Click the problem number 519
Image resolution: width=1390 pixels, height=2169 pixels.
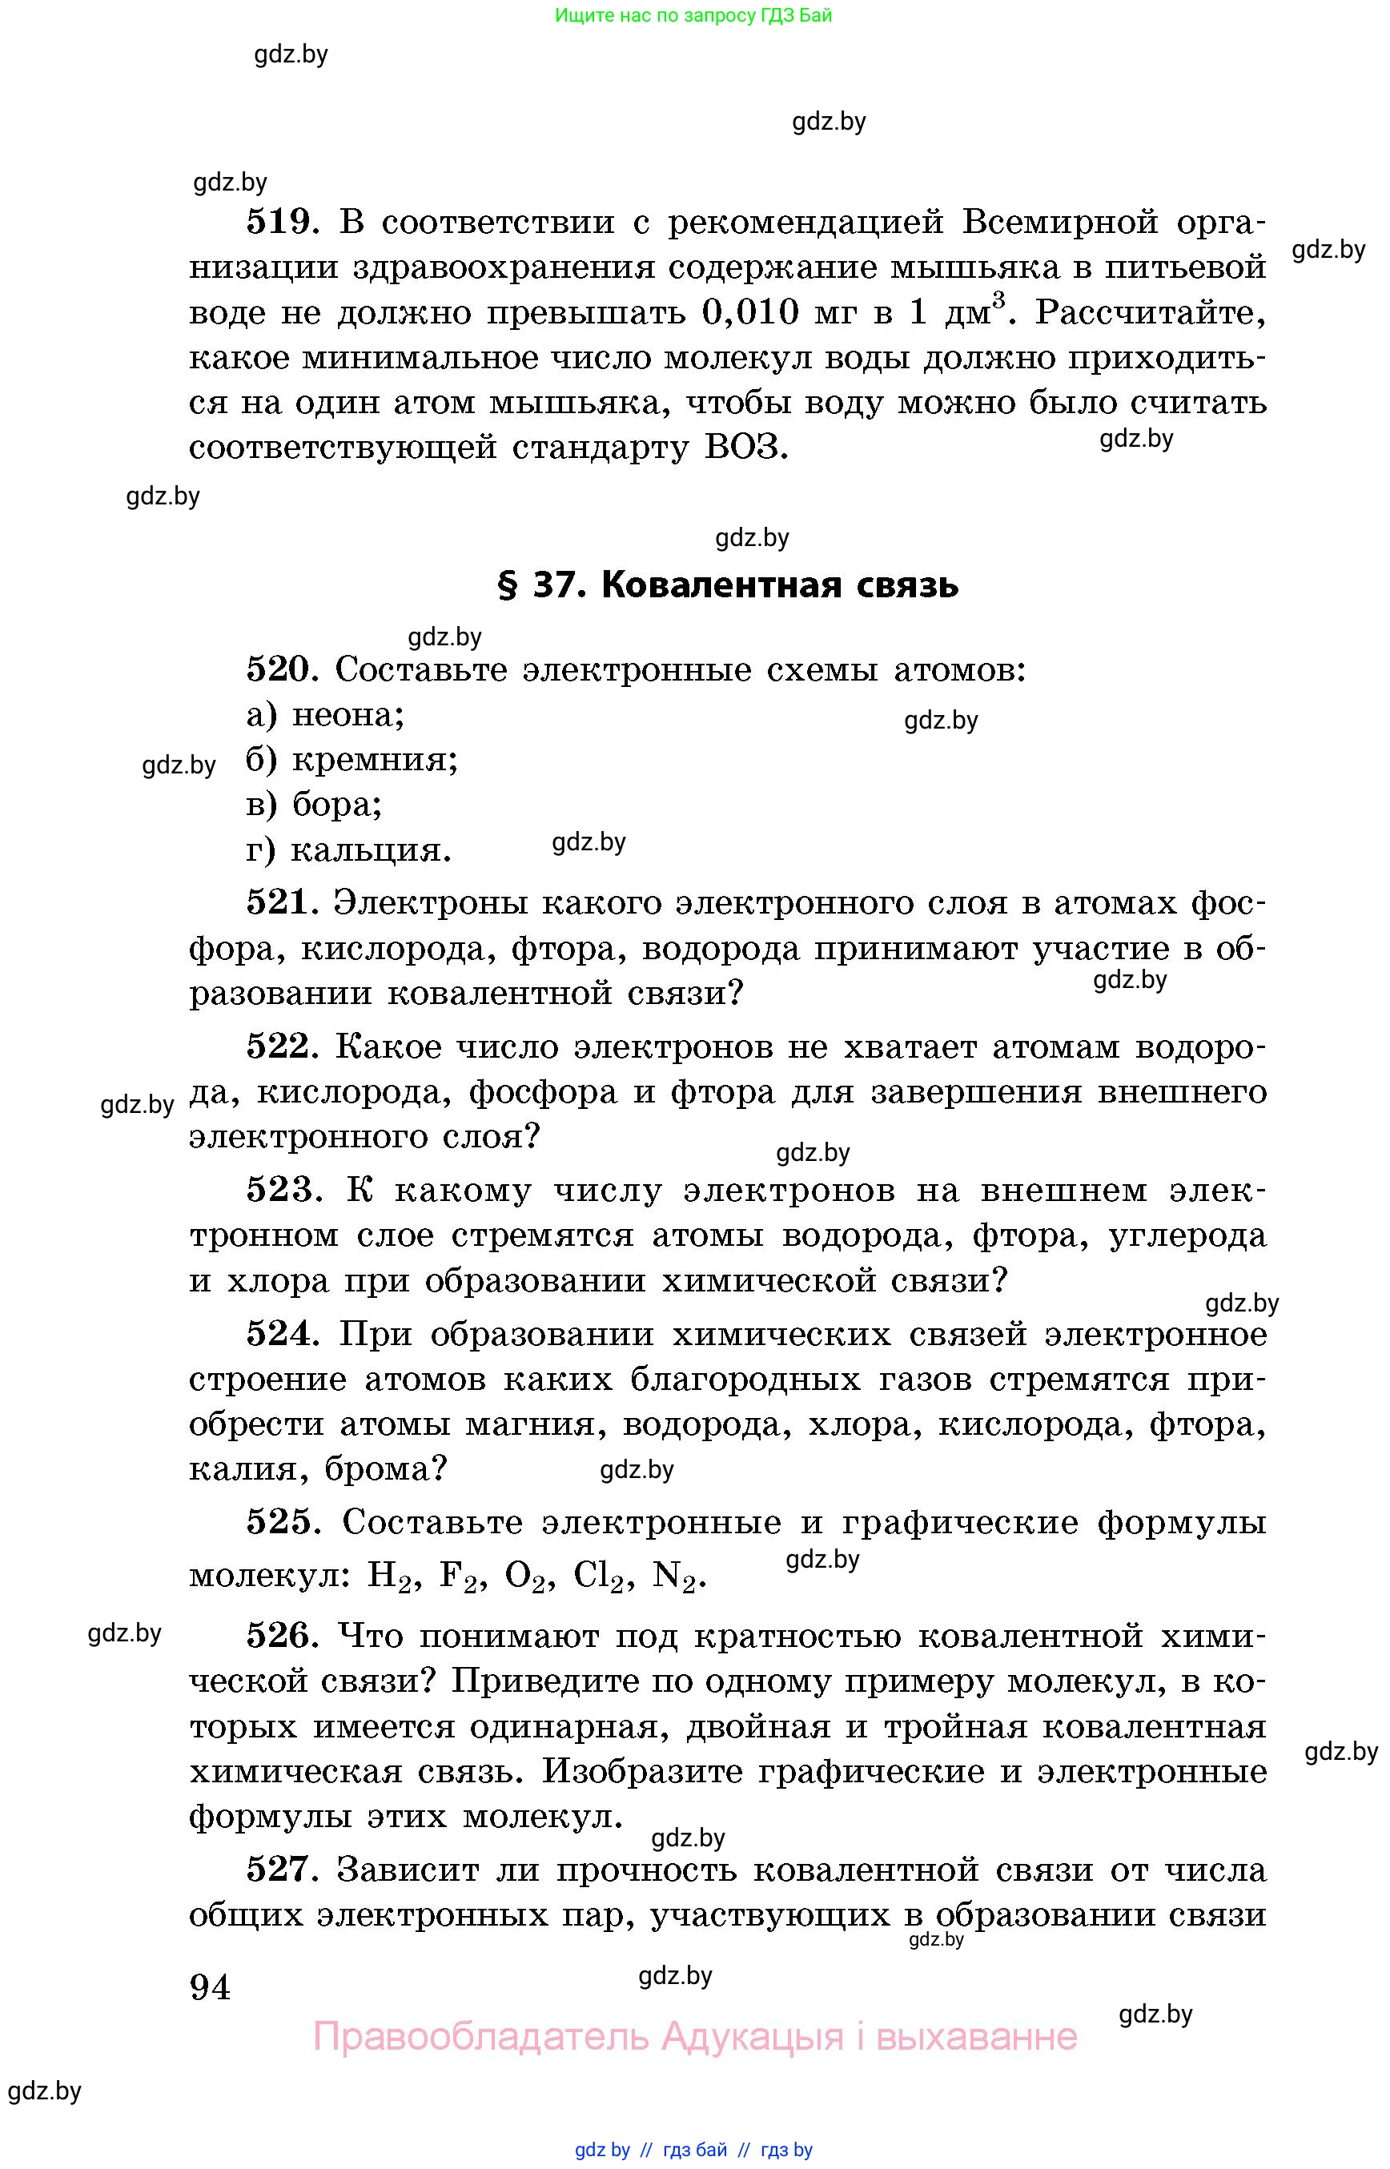click(x=281, y=221)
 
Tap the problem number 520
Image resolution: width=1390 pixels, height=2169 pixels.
click(x=278, y=669)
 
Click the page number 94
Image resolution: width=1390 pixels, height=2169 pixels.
click(x=211, y=1986)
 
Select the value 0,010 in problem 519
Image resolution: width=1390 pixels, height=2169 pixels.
click(x=750, y=312)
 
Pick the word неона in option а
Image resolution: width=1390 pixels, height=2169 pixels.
click(x=345, y=715)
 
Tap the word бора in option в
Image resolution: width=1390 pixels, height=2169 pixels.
click(x=335, y=804)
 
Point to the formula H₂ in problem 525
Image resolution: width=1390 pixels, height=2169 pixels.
click(x=389, y=1576)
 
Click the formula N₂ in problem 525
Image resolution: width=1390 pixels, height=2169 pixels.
click(x=677, y=1576)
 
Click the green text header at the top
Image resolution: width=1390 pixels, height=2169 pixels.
click(x=693, y=15)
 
